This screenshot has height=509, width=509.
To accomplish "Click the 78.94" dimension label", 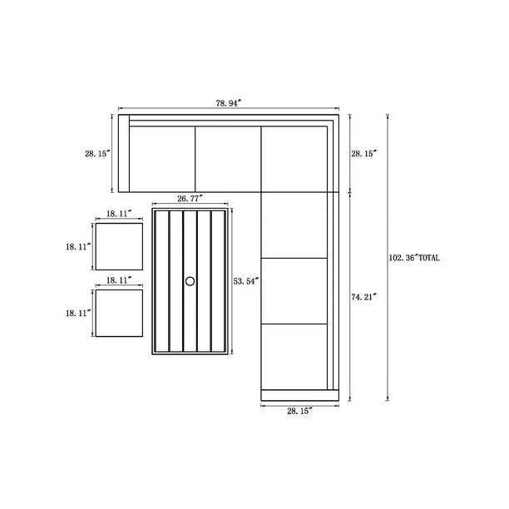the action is pyautogui.click(x=229, y=103).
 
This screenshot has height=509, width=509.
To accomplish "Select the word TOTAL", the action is pyautogui.click(x=429, y=258).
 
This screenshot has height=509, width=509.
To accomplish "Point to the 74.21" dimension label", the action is pyautogui.click(x=364, y=297).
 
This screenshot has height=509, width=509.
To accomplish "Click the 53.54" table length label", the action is pyautogui.click(x=246, y=281).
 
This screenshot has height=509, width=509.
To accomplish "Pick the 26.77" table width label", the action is pyautogui.click(x=190, y=198).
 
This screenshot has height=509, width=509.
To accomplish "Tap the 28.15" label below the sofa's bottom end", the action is pyautogui.click(x=299, y=411).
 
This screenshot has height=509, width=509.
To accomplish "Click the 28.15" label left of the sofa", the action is pyautogui.click(x=97, y=154).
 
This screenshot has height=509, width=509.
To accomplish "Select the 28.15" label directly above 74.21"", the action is pyautogui.click(x=364, y=154).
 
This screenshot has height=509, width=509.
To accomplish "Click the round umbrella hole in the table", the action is pyautogui.click(x=190, y=281).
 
